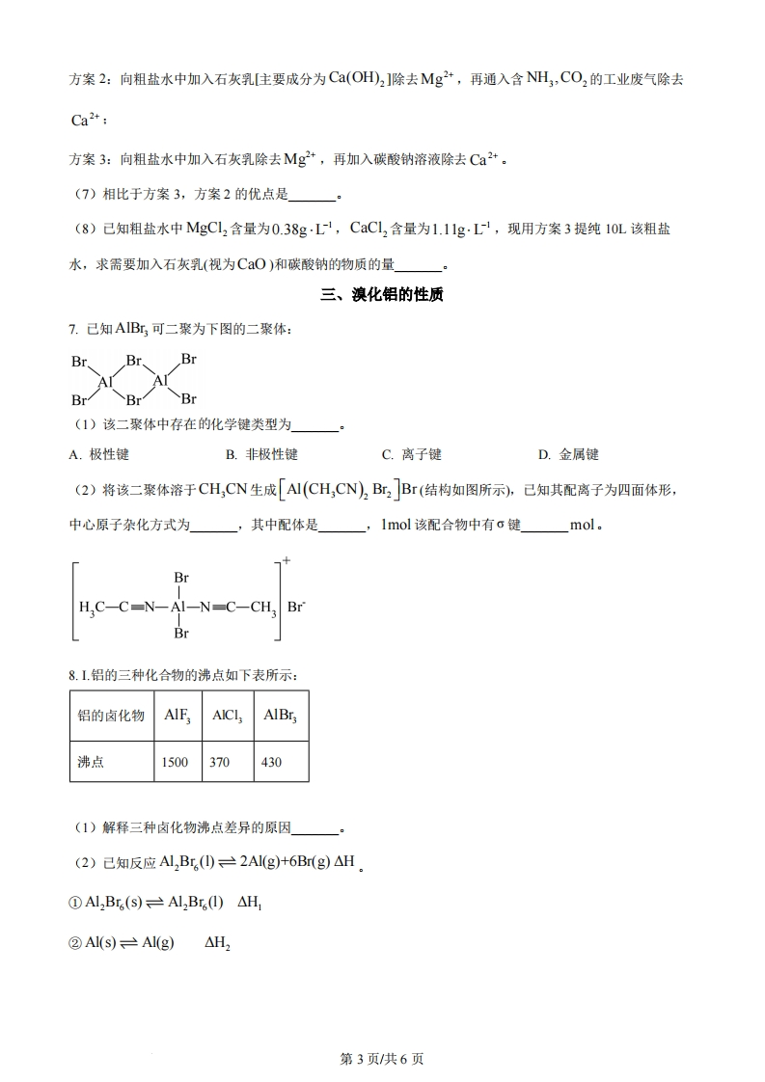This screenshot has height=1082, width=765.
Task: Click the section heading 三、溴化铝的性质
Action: pos(382,296)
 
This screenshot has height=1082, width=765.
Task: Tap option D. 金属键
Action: pos(568,454)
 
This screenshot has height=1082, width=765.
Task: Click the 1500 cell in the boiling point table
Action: pos(175,762)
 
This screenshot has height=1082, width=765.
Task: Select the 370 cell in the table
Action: pos(220,762)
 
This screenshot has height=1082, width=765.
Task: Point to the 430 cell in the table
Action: pos(272,762)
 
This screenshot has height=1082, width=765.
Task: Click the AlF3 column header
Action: pos(177,717)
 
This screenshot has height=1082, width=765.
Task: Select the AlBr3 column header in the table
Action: pos(281,717)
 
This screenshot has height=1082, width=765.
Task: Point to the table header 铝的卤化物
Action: pos(111,717)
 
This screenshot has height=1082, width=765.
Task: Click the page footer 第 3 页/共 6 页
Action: pos(382,1059)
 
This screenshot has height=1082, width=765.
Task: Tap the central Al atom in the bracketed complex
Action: pos(178,608)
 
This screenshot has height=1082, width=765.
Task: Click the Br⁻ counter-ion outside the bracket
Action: pos(295,608)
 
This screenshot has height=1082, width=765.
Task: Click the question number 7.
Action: pos(72,329)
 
